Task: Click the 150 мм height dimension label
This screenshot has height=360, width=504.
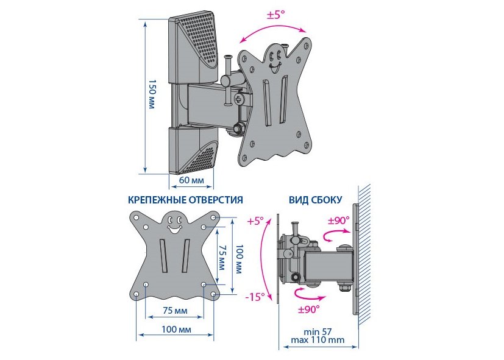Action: pyautogui.click(x=152, y=94)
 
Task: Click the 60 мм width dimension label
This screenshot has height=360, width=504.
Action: pyautogui.click(x=191, y=180)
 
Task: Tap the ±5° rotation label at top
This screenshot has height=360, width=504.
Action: pyautogui.click(x=276, y=15)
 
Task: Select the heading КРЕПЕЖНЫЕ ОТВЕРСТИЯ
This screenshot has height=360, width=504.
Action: pyautogui.click(x=185, y=200)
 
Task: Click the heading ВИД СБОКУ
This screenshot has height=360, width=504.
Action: pyautogui.click(x=315, y=200)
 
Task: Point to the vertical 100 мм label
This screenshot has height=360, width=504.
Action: pyautogui.click(x=239, y=259)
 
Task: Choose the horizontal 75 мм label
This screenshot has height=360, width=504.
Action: pyautogui.click(x=175, y=311)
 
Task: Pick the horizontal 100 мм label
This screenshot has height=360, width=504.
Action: pyautogui.click(x=176, y=329)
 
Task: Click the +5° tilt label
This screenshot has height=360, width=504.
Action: pyautogui.click(x=255, y=221)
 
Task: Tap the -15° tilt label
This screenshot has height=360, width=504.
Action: pyautogui.click(x=255, y=297)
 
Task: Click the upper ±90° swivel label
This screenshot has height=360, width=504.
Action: pyautogui.click(x=338, y=221)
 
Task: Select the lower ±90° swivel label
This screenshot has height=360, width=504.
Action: pyautogui.click(x=309, y=309)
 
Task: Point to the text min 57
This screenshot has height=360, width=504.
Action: pyautogui.click(x=318, y=332)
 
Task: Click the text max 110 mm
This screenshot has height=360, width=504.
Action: pyautogui.click(x=318, y=340)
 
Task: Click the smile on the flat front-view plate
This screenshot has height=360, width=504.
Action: pyautogui.click(x=174, y=229)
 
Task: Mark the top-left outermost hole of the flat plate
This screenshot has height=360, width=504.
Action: pyautogui.click(x=136, y=217)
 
